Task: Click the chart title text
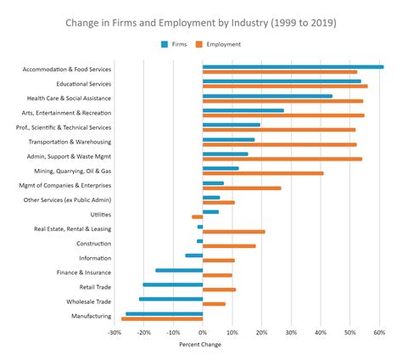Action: [x=201, y=23]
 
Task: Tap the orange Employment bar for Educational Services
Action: [x=285, y=87]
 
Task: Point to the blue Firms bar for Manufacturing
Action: [x=164, y=313]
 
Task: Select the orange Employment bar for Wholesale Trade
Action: [x=214, y=304]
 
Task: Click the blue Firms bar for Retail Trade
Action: [x=173, y=284]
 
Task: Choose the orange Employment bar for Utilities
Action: [x=198, y=217]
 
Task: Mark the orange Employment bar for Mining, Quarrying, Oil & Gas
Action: [x=263, y=173]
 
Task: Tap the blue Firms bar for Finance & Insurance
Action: [x=179, y=270]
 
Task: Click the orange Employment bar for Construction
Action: [x=229, y=246]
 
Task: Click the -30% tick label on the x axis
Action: [x=114, y=333]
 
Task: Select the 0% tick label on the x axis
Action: [x=203, y=333]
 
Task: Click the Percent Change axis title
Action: [x=201, y=345]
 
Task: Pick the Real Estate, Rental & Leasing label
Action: [x=72, y=229]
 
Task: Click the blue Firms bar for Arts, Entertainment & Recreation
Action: [x=243, y=110]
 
